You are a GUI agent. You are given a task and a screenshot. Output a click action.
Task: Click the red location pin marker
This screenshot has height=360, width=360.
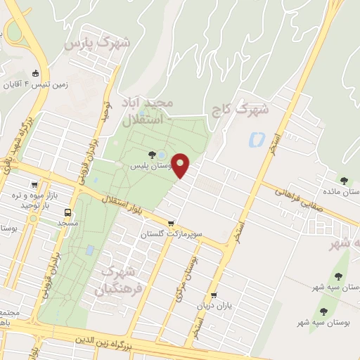tap(181, 165)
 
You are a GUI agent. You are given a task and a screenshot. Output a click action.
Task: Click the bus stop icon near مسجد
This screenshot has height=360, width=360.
tap(68, 212)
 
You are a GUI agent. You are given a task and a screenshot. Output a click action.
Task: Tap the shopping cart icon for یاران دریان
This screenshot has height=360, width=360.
tap(214, 296)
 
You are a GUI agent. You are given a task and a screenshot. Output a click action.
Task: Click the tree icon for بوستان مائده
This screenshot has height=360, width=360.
tap(344, 181)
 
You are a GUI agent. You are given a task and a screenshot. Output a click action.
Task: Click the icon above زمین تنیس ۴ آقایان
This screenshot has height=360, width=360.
tap(36, 73)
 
